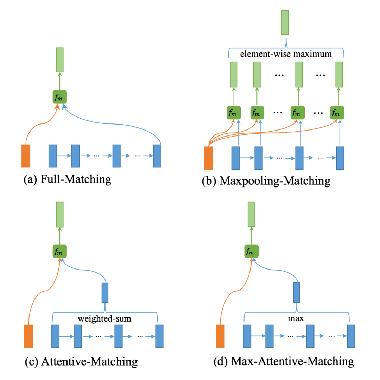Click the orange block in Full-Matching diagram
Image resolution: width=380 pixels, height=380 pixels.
(26, 156)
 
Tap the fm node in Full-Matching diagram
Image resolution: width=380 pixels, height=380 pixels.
(59, 97)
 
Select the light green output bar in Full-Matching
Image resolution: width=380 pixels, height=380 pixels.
(59, 60)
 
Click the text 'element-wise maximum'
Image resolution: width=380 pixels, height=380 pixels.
(286, 54)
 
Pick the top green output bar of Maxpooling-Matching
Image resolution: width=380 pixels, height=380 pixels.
(285, 23)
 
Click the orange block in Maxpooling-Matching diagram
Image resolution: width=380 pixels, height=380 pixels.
(209, 158)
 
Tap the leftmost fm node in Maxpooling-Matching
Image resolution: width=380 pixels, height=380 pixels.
(234, 113)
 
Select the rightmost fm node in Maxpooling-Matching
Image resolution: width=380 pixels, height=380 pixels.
(337, 113)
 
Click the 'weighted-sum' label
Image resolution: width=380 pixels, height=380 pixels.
(104, 318)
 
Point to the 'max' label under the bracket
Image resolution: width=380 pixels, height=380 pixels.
(296, 318)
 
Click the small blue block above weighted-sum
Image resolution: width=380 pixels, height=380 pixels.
(105, 292)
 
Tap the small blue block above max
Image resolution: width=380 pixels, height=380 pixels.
(297, 292)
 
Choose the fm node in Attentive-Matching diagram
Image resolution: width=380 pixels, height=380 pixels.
(59, 251)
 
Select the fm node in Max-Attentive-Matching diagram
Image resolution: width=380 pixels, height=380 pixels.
(251, 251)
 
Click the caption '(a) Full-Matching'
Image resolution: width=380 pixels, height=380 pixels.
(67, 179)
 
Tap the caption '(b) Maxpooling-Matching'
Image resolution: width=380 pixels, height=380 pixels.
(266, 181)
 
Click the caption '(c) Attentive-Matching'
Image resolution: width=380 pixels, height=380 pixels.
(81, 362)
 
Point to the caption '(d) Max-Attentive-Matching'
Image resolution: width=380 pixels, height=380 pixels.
(284, 361)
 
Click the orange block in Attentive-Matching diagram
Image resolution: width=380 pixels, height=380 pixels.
(28, 336)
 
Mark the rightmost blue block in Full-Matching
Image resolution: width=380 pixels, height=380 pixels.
(157, 156)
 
